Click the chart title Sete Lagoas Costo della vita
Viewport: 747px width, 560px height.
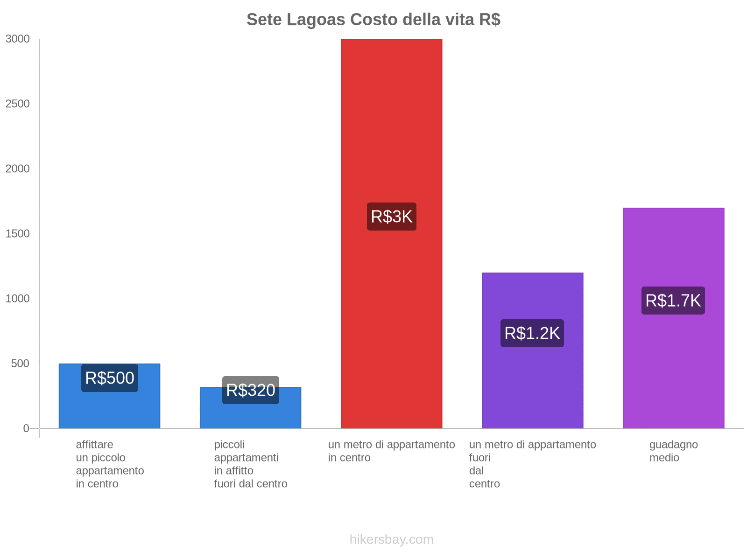(x=373, y=20)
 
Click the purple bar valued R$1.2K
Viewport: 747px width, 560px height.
(x=532, y=383)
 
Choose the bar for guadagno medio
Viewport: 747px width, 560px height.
(x=673, y=364)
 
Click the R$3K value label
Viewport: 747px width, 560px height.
(x=391, y=217)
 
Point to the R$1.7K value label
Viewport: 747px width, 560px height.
(x=673, y=301)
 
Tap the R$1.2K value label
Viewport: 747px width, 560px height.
(x=532, y=333)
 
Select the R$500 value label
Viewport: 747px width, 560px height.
(x=110, y=378)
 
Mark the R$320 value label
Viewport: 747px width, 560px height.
(x=251, y=390)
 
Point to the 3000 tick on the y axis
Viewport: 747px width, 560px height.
(x=18, y=39)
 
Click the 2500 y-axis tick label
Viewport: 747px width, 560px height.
(x=18, y=104)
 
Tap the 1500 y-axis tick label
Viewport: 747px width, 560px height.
(x=18, y=234)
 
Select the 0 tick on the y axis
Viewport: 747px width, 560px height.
(x=26, y=428)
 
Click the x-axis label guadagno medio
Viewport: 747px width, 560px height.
(x=673, y=451)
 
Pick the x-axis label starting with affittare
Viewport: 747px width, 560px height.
(x=110, y=464)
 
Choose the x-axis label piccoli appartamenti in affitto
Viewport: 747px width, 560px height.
(x=251, y=464)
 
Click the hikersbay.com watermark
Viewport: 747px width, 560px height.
(x=391, y=539)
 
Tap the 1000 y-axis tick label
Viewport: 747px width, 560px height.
(x=18, y=299)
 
